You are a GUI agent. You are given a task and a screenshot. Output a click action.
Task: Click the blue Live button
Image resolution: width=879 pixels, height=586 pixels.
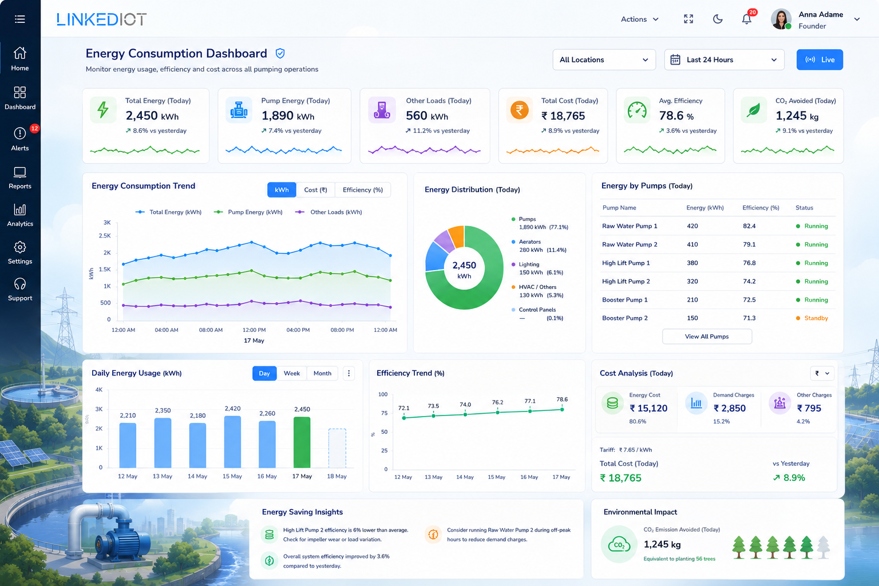tap(819, 60)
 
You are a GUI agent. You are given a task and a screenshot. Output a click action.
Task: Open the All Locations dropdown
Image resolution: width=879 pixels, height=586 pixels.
tap(604, 60)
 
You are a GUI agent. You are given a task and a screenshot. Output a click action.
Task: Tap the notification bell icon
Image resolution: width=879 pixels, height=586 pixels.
tap(746, 19)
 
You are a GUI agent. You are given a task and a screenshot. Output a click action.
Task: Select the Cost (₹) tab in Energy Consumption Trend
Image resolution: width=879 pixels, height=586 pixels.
tap(315, 190)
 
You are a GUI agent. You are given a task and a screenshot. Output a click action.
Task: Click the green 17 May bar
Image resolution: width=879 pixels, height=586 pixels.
tap(302, 442)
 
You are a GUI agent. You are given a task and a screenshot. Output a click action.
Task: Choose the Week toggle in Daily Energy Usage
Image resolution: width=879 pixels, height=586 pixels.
tap(291, 373)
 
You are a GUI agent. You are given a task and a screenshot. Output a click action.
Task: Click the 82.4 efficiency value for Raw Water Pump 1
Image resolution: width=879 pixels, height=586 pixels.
tap(749, 226)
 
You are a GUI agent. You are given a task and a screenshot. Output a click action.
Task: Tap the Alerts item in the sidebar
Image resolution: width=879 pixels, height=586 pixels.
tap(20, 138)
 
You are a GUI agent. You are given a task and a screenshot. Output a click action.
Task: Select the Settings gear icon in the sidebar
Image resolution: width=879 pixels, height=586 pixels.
tap(20, 247)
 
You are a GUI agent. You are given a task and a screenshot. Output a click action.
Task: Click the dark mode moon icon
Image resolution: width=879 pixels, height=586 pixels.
tap(717, 19)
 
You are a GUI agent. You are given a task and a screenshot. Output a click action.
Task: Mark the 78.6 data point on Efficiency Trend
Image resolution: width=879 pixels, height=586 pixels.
tap(563, 409)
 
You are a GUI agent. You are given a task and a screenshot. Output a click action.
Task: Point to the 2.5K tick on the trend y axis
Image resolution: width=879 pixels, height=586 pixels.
tap(105, 236)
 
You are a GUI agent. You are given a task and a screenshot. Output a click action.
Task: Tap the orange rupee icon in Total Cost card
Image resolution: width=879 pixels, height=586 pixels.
tap(519, 110)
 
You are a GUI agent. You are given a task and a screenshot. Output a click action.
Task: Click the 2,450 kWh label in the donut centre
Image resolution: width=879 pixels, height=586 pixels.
tap(464, 270)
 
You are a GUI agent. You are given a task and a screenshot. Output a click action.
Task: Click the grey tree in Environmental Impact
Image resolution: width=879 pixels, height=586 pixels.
tap(823, 547)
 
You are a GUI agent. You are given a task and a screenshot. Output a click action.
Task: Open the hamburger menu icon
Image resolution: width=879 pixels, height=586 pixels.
tap(20, 19)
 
